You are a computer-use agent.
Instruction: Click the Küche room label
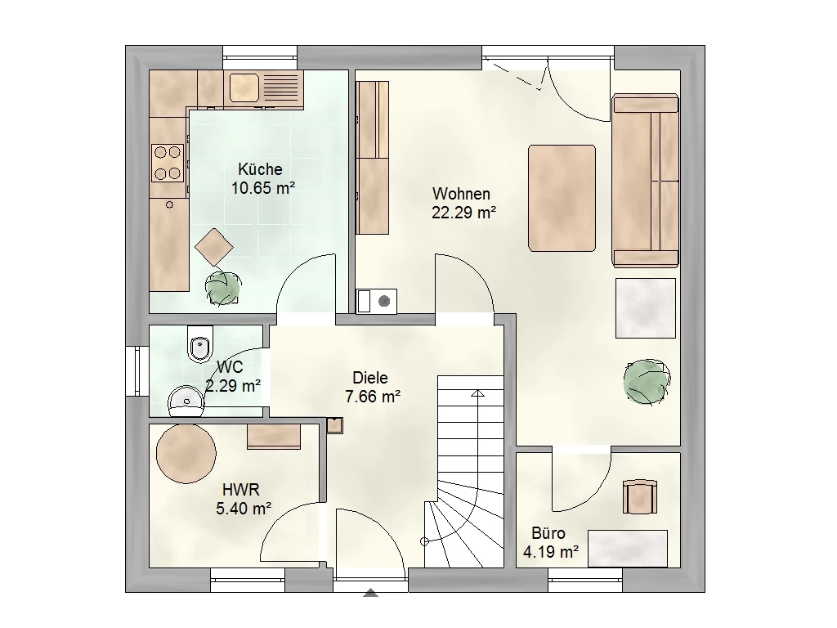click(x=260, y=169)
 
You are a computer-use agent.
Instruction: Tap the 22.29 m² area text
click(x=464, y=213)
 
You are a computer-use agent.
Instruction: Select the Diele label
click(x=370, y=378)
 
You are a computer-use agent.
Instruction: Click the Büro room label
click(x=548, y=533)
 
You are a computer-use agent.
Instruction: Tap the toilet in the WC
click(x=201, y=344)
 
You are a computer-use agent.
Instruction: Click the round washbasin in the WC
click(x=186, y=401)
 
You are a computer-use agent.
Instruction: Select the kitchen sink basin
click(x=244, y=87)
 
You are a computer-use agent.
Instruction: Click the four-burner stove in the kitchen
click(x=168, y=163)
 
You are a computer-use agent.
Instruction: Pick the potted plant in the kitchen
click(x=222, y=289)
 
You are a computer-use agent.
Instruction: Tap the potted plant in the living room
click(x=647, y=382)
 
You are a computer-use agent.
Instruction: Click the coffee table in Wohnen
click(x=562, y=198)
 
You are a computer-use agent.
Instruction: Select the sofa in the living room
click(x=646, y=181)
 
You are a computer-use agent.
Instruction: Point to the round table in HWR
click(x=186, y=453)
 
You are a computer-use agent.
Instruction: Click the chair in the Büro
click(x=640, y=496)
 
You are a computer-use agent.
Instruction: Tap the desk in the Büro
click(x=628, y=549)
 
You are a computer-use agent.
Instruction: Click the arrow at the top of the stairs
click(x=477, y=393)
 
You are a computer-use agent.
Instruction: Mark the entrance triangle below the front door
click(x=370, y=592)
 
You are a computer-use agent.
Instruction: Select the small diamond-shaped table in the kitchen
click(x=214, y=247)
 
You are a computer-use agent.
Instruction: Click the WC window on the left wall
click(x=137, y=371)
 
